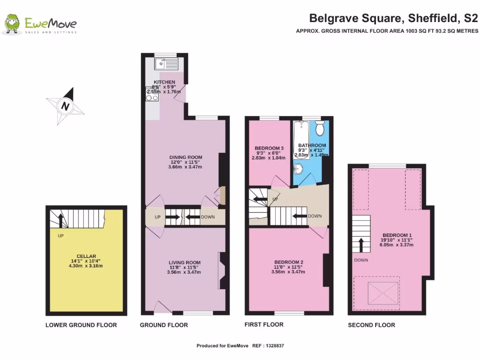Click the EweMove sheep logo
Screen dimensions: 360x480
pos(12,24)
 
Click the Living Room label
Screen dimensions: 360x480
pos(185,262)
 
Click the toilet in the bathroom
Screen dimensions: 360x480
pos(320,127)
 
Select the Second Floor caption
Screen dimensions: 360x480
pos(371,325)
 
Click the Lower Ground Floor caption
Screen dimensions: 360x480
pos(81,325)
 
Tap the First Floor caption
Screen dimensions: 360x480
pos(264,324)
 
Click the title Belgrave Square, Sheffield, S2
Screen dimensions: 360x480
pos(393,19)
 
